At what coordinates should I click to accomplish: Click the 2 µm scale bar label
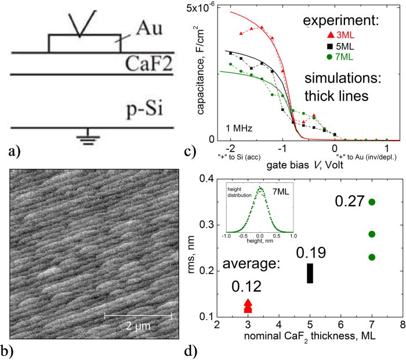[x=138, y=326]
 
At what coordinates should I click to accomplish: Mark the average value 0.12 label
[x=246, y=286]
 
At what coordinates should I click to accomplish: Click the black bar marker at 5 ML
[x=310, y=273]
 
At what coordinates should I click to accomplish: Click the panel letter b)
[x=12, y=350]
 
